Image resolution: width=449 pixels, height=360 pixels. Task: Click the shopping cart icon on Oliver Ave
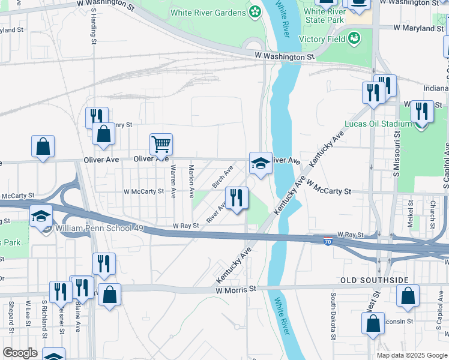(161, 145)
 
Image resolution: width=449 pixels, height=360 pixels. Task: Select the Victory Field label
(324, 39)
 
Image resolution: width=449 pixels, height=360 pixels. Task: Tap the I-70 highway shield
(326, 239)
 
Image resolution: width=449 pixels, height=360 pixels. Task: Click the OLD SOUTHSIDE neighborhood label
(374, 280)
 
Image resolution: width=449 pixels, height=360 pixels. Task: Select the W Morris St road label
(236, 289)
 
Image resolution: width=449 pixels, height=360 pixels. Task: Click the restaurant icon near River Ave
(237, 198)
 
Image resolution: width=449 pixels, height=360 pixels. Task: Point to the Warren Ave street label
(173, 182)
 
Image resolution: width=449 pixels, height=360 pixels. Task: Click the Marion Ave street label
(191, 182)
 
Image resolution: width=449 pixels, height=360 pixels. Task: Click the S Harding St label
(94, 26)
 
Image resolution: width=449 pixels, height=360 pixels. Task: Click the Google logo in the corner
(20, 353)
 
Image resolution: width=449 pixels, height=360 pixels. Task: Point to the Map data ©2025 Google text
(411, 355)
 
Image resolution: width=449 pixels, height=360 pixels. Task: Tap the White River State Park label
(324, 16)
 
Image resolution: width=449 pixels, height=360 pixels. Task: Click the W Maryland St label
(418, 28)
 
